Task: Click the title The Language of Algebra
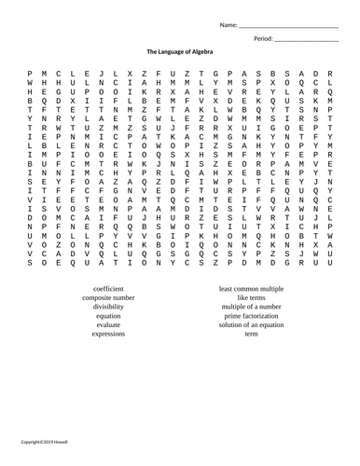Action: click(179, 52)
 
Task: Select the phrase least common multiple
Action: click(251, 289)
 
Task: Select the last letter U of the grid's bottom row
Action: click(330, 264)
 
